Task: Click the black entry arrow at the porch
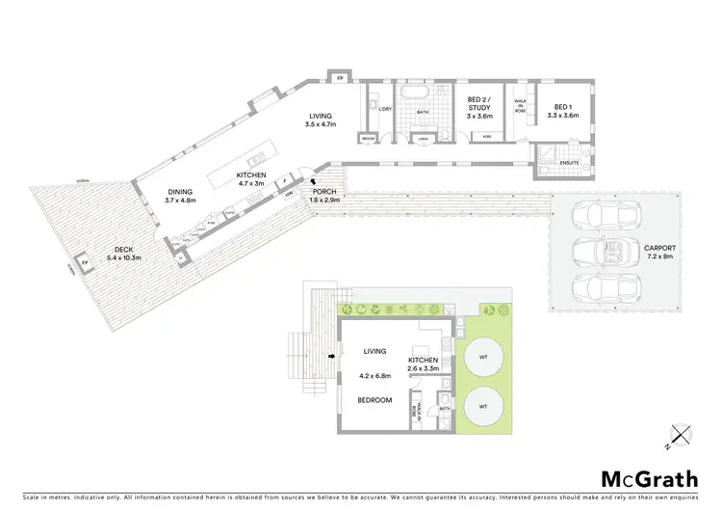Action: (x=310, y=181)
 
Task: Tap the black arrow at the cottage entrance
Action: (x=333, y=357)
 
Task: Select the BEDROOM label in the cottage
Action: (x=374, y=399)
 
